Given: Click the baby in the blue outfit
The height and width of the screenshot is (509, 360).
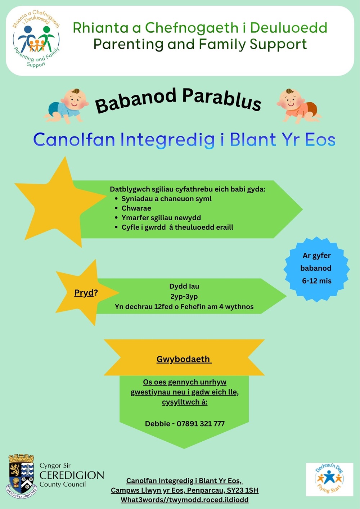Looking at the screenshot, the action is [x=66, y=106].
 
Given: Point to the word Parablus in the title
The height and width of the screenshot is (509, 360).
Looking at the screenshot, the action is [x=222, y=100].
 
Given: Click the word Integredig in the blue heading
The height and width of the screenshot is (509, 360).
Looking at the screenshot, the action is [x=167, y=140].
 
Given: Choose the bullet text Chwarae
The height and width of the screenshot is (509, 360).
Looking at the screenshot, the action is [x=136, y=208].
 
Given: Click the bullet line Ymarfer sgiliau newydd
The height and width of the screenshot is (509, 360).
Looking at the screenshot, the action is [x=161, y=218].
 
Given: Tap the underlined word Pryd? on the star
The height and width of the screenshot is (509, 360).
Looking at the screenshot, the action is [x=86, y=293].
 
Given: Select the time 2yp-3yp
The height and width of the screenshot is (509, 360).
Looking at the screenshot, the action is [x=184, y=297].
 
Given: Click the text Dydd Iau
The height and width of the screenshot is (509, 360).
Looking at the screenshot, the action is [x=184, y=286].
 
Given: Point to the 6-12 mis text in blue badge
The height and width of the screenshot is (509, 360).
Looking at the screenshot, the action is [x=316, y=281].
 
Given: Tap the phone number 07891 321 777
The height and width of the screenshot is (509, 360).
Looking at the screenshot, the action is [x=201, y=424].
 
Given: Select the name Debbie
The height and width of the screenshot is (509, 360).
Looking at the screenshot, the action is [x=158, y=424].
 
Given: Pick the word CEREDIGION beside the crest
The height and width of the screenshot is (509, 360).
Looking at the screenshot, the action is [x=72, y=475].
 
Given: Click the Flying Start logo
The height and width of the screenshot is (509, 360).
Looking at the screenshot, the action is [x=329, y=479].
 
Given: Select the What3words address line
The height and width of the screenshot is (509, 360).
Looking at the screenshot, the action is [x=185, y=500].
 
